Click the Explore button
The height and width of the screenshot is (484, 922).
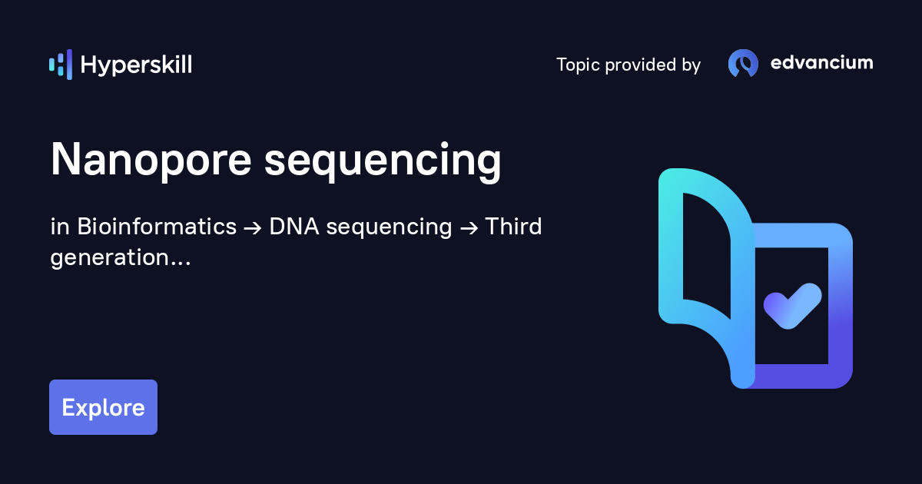103,407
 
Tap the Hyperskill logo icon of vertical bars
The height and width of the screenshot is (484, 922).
61,65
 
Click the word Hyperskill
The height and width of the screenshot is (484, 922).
136,65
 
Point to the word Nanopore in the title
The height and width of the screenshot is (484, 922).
151,160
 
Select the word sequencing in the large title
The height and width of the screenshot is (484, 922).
383,161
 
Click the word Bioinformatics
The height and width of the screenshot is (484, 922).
157,227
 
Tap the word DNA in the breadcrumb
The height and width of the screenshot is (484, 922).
294,227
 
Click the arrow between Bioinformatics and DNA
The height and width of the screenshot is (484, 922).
253,228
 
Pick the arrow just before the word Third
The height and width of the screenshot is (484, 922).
469,228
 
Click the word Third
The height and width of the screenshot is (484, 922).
514,227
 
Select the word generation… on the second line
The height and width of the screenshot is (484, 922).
121,258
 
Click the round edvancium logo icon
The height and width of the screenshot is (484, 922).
744,63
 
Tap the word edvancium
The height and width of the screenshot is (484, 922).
821,62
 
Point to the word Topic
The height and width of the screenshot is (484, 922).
578,65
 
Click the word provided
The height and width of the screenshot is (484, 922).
641,65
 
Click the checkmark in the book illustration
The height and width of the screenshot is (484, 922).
792,306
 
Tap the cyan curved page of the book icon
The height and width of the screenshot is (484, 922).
671,247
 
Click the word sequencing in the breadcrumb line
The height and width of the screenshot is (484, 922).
389,227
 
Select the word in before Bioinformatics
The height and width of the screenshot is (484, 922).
60,227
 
